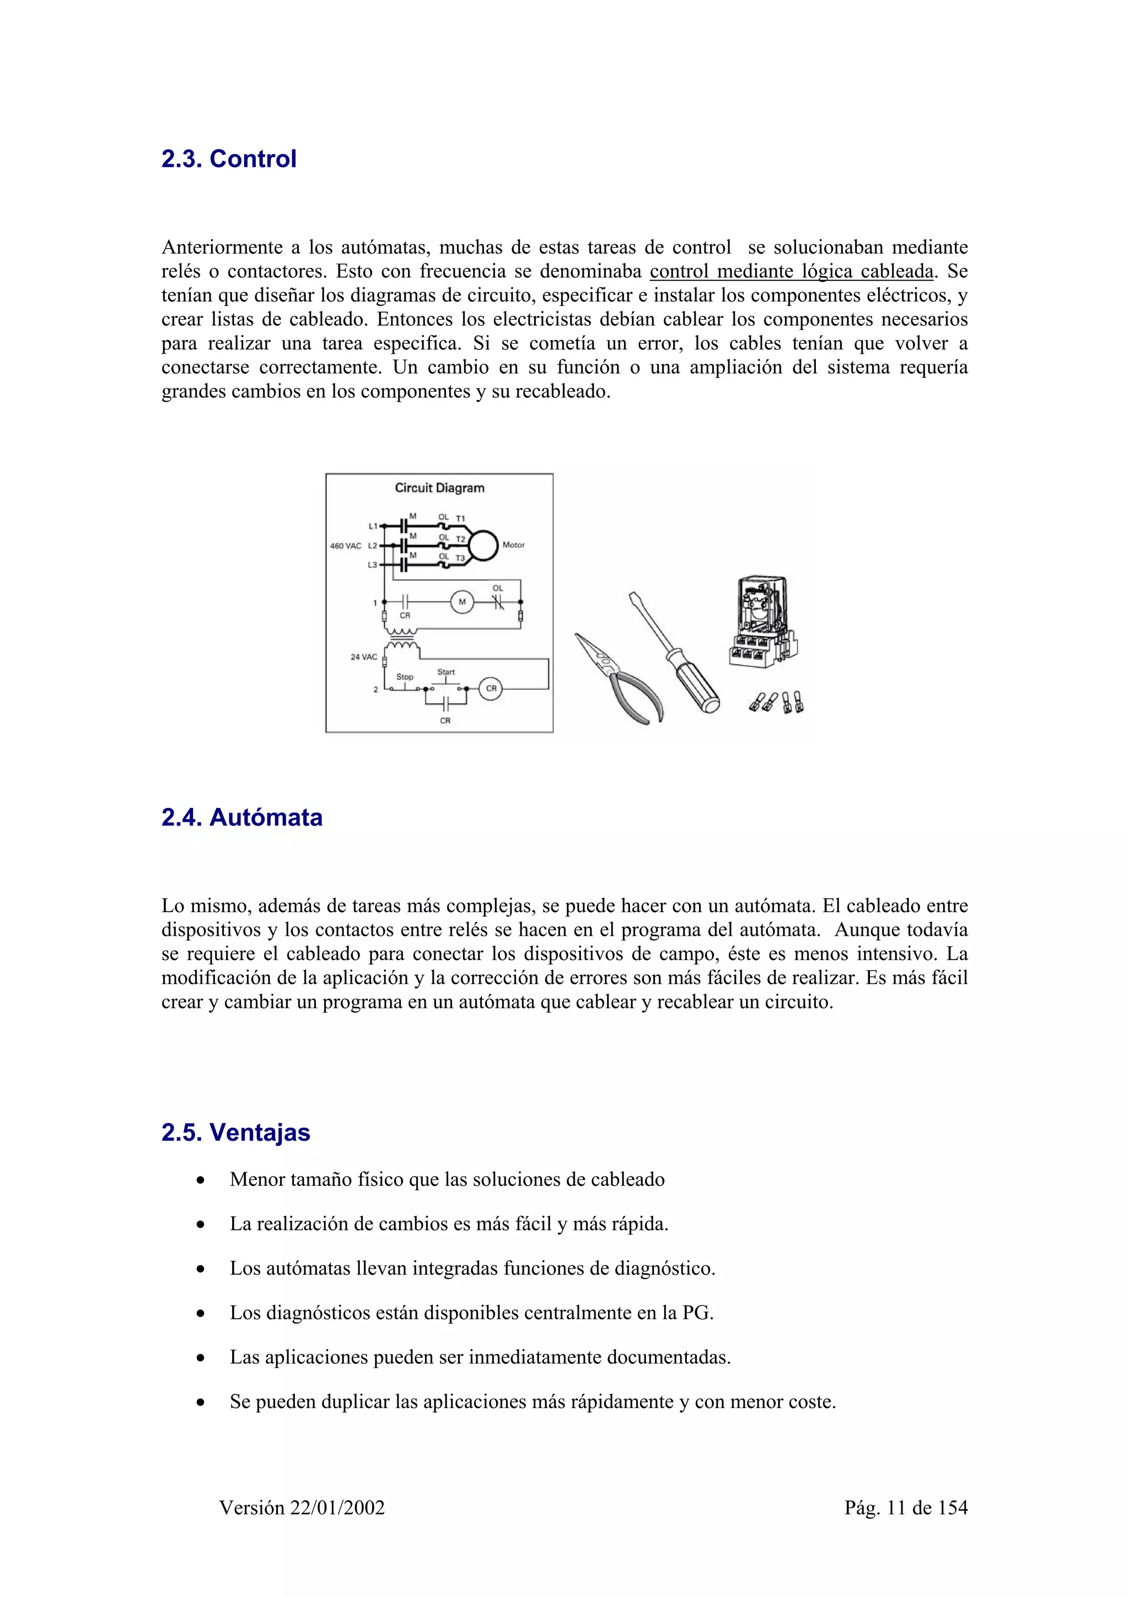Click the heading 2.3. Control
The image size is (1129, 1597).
(228, 159)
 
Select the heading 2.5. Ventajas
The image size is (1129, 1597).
(235, 1132)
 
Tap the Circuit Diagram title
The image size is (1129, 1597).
(439, 488)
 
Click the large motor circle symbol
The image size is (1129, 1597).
(483, 546)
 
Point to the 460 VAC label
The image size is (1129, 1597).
(345, 546)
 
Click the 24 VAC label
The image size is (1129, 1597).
(363, 657)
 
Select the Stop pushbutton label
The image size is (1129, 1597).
(404, 676)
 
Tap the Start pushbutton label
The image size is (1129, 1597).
(446, 672)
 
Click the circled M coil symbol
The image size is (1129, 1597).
(462, 602)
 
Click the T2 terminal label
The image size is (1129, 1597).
(460, 539)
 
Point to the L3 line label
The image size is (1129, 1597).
(372, 565)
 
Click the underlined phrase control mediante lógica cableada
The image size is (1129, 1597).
(791, 271)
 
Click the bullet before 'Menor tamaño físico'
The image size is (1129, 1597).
(200, 1180)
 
